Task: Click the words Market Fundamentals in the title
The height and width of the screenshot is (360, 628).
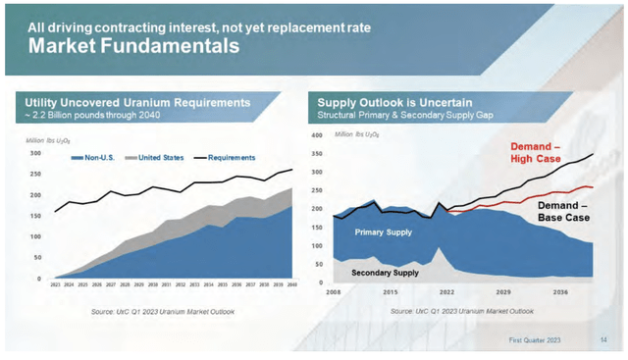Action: click(x=132, y=45)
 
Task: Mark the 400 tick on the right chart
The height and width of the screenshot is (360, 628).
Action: click(x=316, y=136)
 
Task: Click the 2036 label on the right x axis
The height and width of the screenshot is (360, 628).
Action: click(x=560, y=291)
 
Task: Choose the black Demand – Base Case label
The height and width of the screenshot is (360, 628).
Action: click(x=565, y=212)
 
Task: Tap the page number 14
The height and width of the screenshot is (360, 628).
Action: click(x=602, y=339)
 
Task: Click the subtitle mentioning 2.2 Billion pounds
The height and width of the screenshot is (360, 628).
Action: click(x=105, y=116)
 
